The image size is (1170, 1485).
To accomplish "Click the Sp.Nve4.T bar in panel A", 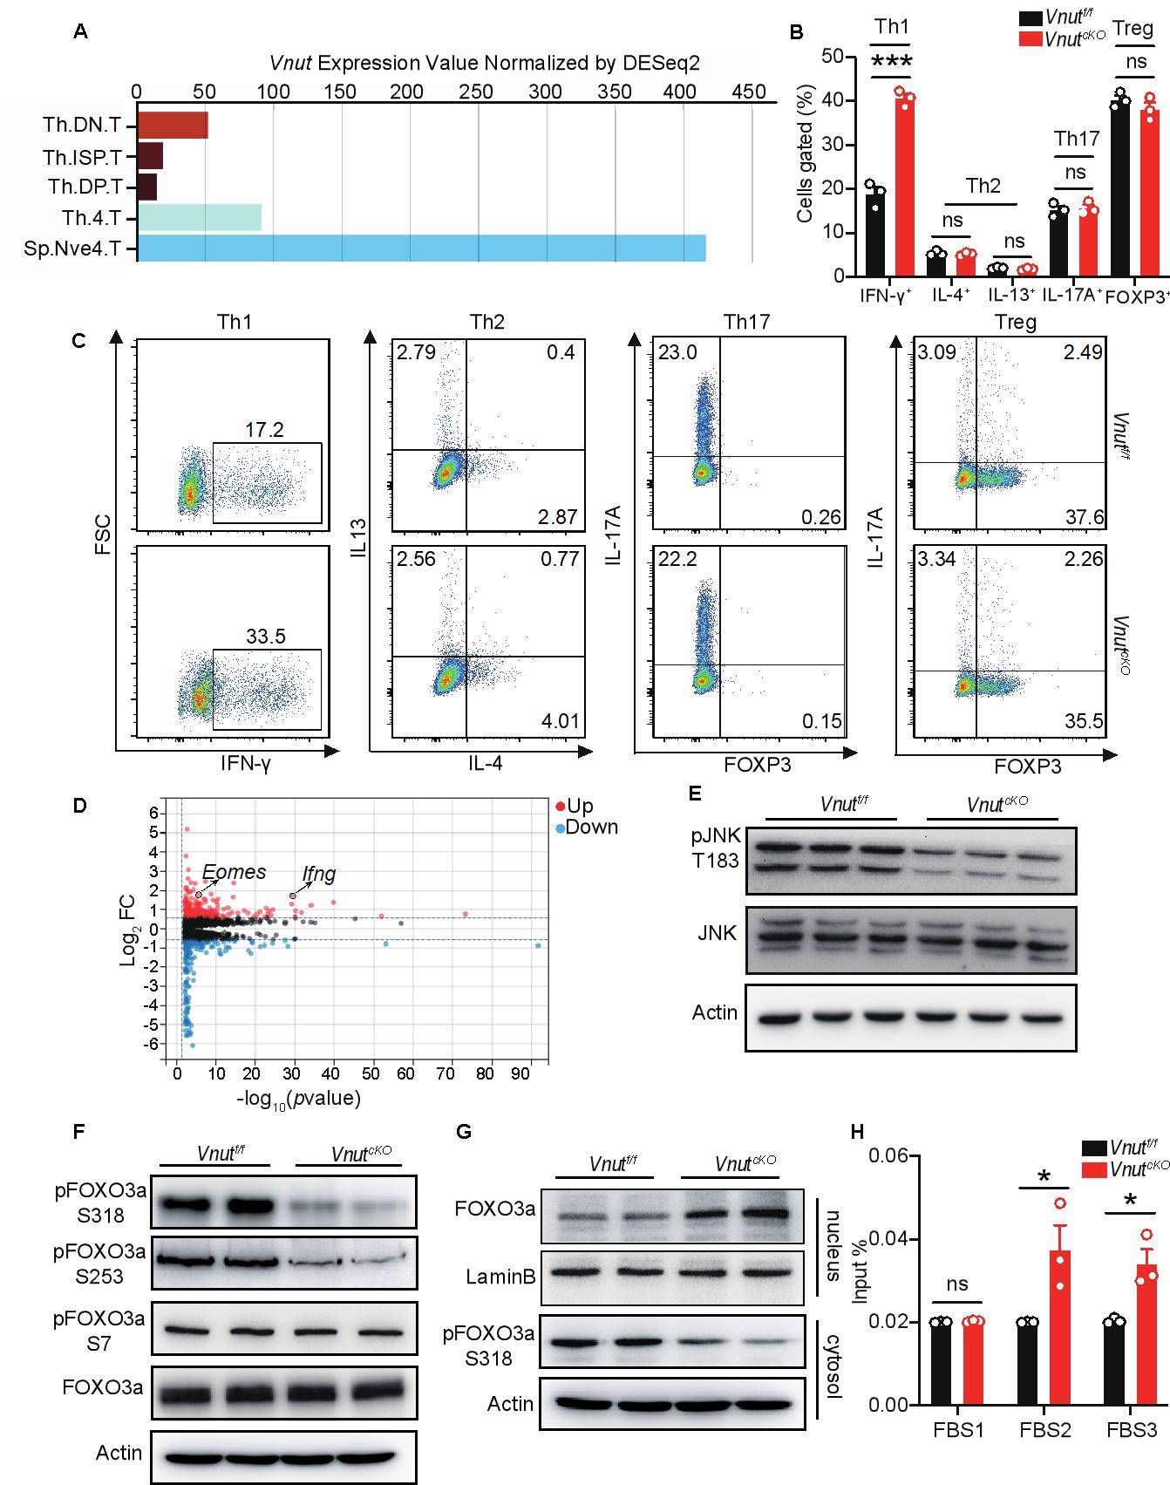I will coord(422,249).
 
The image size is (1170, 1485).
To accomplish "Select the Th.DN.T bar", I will coord(173,125).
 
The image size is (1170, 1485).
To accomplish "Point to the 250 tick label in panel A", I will coord(476,92).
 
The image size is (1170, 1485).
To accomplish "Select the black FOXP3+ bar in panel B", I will coord(1120,188).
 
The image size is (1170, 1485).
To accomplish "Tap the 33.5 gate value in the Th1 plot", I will coord(266,637).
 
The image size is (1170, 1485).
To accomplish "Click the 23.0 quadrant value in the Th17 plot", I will coord(677,352).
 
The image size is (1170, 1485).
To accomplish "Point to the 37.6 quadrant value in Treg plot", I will coord(1085,518).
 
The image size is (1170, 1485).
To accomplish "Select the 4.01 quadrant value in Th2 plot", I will coord(558,722).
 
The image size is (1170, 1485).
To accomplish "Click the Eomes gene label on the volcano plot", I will coord(234,872).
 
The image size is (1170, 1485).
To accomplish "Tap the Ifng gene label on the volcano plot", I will coord(318,874).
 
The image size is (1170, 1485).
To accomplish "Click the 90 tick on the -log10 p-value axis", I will coord(520,1073).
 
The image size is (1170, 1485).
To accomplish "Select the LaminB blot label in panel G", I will coord(501,1277).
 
